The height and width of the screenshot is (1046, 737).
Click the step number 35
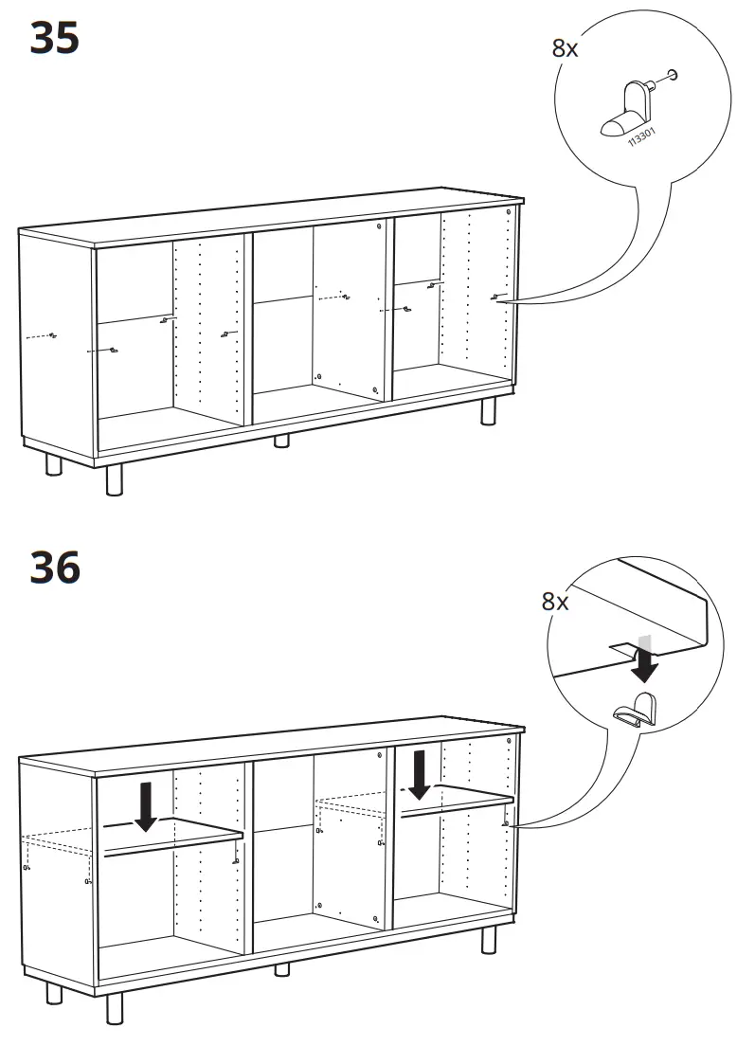55,38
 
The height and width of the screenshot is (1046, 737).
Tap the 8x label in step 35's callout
565,48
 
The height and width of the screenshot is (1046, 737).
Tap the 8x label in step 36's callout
555,602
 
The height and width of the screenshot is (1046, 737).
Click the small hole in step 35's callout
673,73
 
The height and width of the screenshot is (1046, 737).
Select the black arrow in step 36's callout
644,665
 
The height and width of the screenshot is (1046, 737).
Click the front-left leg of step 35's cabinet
115,480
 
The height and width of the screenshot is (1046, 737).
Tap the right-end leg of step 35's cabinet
489,411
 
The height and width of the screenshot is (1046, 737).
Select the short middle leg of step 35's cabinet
281,441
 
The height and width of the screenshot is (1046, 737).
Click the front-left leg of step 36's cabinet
115,1008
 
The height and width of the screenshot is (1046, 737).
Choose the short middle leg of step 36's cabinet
281,968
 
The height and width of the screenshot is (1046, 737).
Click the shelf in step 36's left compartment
173,838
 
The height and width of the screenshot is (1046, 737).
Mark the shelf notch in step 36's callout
621,649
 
